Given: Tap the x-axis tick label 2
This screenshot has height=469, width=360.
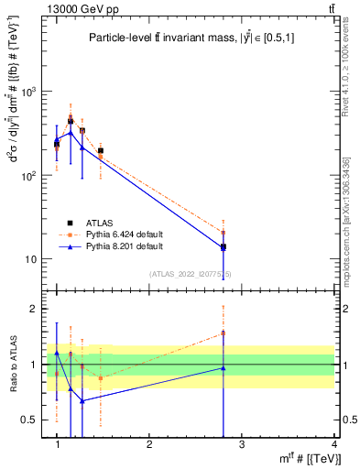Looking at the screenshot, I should [149, 444].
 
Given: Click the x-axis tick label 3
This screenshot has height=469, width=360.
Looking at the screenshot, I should [242, 444].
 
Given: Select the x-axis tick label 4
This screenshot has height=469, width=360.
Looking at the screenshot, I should [333, 444].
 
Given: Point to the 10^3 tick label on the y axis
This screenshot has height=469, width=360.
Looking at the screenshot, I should [31, 93].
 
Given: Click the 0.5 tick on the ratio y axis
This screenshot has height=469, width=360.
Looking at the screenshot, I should [30, 420].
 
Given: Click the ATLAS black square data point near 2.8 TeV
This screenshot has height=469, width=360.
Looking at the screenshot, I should [223, 246].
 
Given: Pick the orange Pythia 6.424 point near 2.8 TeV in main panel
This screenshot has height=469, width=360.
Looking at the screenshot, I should [223, 233].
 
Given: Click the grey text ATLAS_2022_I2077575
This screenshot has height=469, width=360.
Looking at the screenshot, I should [196, 273].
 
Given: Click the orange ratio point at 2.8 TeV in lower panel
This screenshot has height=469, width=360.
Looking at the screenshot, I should [223, 333].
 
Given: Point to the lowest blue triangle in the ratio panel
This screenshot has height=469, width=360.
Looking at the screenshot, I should [82, 400].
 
